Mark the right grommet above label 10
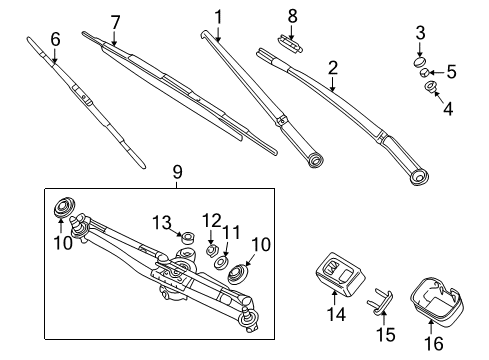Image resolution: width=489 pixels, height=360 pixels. [x=239, y=272]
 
